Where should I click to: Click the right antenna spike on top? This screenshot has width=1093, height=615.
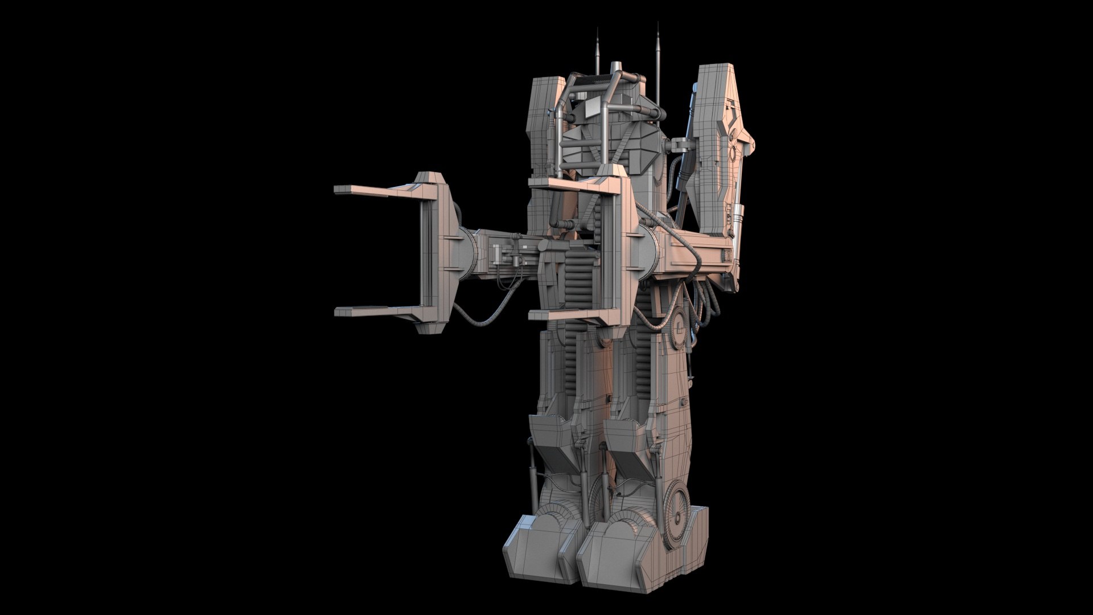(x=658, y=48)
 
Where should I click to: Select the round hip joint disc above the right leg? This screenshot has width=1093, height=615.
(x=680, y=327)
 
